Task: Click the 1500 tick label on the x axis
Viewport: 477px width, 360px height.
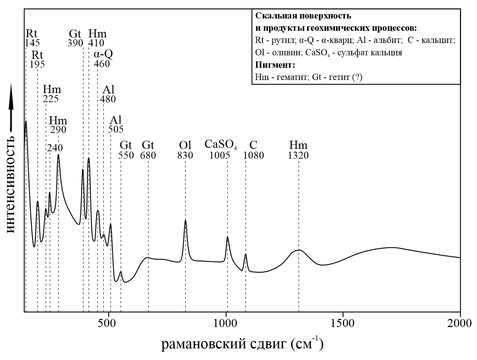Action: [343, 323]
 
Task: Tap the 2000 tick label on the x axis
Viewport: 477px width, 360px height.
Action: [460, 323]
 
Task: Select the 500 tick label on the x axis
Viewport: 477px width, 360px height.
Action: [108, 323]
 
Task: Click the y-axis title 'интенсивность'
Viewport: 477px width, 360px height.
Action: [10, 184]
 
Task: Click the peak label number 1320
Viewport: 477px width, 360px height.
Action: [298, 156]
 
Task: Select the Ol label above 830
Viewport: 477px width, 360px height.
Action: [185, 144]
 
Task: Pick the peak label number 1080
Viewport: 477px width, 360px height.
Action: [253, 156]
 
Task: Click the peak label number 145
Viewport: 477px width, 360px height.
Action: [32, 43]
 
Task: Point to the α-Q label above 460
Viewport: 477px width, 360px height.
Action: [103, 54]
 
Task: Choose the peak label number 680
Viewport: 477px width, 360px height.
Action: [148, 156]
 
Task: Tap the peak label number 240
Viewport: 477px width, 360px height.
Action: [55, 148]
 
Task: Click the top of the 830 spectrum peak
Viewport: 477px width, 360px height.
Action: [185, 220]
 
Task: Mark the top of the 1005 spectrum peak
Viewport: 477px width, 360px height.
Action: [227, 237]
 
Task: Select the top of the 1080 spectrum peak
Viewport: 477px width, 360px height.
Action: [246, 254]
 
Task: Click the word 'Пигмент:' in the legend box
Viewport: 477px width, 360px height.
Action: [275, 65]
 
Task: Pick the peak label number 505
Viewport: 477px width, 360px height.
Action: [116, 130]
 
